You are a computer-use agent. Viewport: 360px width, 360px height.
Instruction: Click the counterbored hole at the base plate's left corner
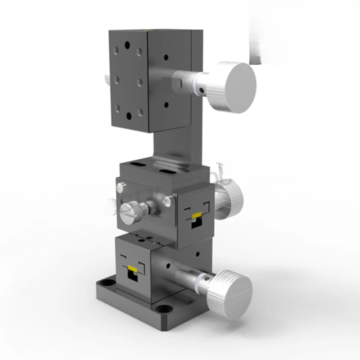107,283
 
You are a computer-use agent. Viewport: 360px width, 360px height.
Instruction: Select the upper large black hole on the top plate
128,45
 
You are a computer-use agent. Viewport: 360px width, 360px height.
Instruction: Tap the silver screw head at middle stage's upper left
121,187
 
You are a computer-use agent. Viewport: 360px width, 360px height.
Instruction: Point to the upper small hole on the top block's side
166,58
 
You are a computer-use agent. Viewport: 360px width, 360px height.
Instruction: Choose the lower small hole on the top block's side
166,104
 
